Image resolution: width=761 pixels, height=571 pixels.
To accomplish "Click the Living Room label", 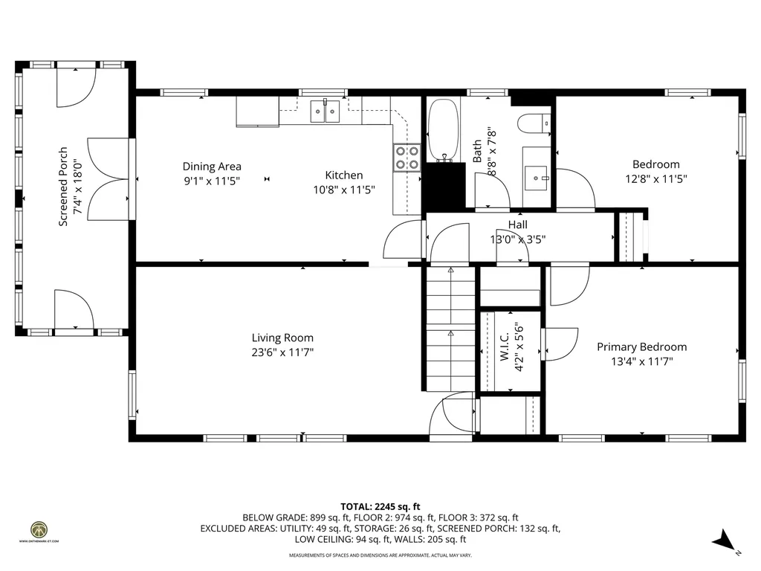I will (282, 338).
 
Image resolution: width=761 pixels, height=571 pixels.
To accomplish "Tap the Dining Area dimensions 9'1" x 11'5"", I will (212, 180).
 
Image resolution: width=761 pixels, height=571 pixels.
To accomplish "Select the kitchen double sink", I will (324, 112).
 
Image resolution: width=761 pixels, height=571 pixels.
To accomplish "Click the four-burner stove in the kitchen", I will (407, 157).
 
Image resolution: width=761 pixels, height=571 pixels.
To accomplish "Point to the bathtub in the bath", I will (444, 129).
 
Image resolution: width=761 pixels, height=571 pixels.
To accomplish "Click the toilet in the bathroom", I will (534, 123).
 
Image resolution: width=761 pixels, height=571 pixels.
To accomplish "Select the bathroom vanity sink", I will (537, 177).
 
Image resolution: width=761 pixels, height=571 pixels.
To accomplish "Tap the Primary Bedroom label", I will (642, 346).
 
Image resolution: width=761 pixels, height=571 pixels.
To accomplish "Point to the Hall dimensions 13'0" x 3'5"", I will (518, 239).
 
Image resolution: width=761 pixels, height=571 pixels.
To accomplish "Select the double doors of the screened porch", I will (109, 178).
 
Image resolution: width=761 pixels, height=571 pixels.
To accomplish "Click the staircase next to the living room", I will (450, 327).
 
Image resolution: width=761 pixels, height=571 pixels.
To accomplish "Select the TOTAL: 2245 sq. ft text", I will (380, 506).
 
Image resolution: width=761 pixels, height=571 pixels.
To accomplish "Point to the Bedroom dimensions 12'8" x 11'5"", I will (655, 178).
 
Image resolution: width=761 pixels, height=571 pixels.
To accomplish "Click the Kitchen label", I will (343, 175).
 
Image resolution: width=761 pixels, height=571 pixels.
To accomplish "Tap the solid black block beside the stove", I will (443, 189).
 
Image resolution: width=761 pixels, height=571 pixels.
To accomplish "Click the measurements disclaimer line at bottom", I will (380, 555).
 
